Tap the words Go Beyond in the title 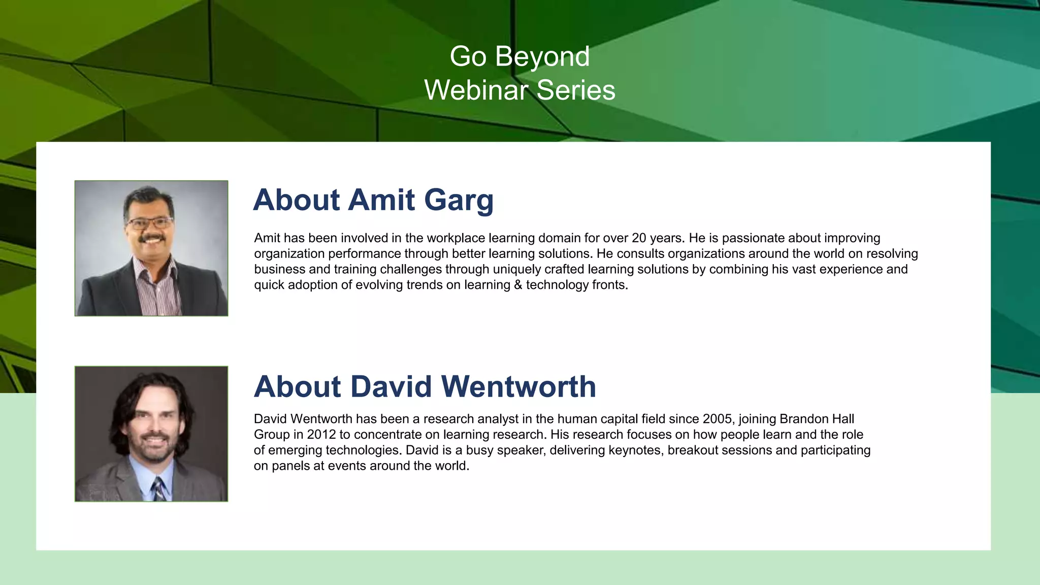click(x=519, y=56)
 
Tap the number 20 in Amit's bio click(x=639, y=238)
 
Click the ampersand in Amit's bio click(x=518, y=285)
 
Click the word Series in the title click(x=575, y=90)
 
